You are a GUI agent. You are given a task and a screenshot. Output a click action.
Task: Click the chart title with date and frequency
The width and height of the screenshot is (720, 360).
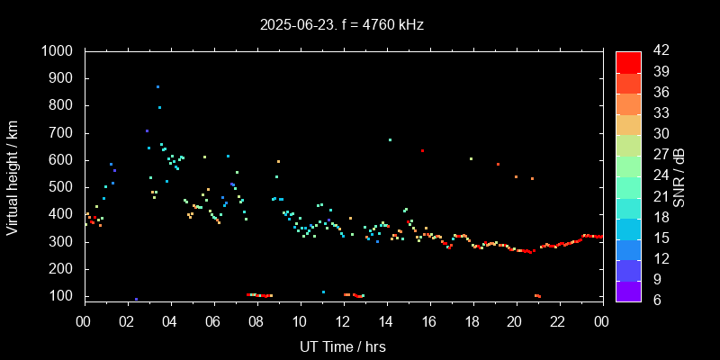pos(342,25)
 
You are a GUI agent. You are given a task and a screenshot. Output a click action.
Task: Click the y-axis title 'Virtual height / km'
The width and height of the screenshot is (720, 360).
pos(13,176)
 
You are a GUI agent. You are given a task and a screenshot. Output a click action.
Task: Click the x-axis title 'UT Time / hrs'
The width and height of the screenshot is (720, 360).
pos(342,346)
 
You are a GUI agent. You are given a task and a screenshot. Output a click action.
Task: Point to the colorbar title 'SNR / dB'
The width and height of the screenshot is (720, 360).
pos(679,176)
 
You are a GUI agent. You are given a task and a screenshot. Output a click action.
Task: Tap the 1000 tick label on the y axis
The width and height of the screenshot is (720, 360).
pos(58,51)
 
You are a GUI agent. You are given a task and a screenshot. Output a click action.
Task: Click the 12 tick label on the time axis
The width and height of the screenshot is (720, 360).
pos(343,322)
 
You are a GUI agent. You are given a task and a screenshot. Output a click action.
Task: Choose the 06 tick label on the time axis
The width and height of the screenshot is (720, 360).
pos(213,322)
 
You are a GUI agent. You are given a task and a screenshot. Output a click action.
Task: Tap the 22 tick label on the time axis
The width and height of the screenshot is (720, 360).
pos(558,322)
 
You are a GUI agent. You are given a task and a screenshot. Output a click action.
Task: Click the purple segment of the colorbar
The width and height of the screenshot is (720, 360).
pos(628,290)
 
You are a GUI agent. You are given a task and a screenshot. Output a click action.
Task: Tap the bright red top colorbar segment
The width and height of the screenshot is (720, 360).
pos(628,61)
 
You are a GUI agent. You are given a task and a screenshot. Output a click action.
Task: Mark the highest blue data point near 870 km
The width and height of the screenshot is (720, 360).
pos(157,87)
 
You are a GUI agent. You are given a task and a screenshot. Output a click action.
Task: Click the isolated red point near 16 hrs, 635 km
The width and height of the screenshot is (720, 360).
pos(422,150)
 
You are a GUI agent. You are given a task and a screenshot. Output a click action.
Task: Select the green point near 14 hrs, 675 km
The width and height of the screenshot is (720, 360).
pos(390,139)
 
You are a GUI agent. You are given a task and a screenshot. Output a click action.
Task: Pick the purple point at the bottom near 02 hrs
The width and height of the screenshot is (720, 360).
pos(136,299)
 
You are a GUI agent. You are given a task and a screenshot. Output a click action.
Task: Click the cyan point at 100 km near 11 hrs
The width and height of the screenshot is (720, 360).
pos(323,292)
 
